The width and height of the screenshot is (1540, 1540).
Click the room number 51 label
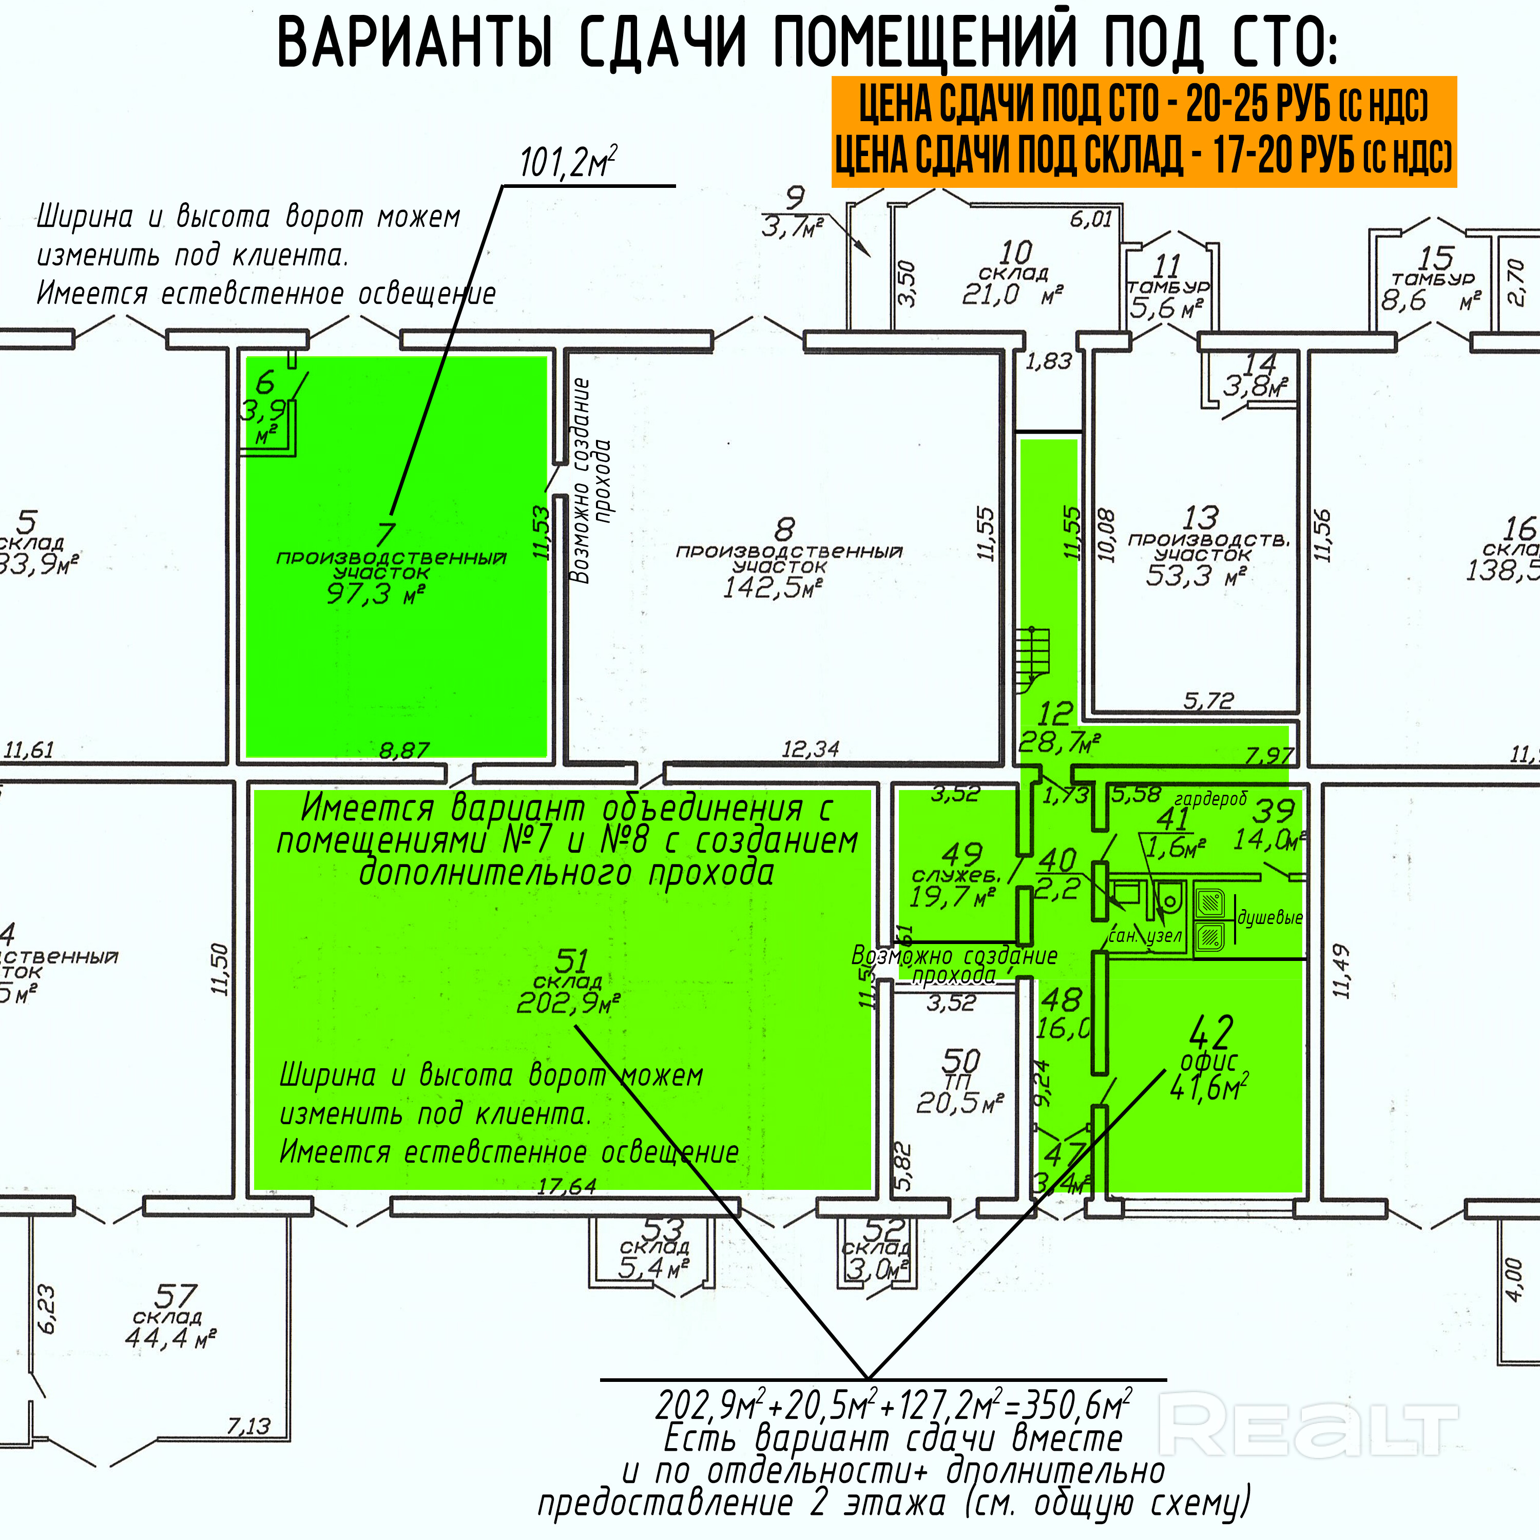571,960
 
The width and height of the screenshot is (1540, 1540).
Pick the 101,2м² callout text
568,163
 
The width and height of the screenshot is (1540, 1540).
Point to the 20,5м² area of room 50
959,1103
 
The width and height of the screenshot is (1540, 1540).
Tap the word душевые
1269,917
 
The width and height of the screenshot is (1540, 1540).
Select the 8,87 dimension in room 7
404,749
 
